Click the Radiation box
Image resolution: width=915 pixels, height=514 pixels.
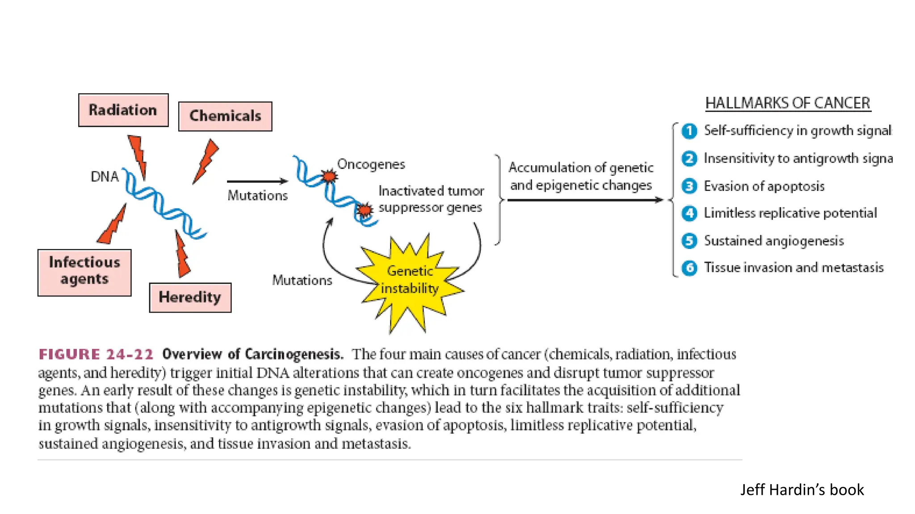(123, 110)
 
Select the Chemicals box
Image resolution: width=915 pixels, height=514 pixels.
(225, 116)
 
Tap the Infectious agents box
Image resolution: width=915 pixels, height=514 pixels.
(84, 272)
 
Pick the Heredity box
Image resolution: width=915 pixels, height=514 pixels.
(190, 297)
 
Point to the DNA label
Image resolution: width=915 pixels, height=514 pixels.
(105, 177)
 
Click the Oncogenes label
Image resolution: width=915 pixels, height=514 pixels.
(371, 164)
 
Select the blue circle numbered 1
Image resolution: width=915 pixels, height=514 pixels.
(689, 131)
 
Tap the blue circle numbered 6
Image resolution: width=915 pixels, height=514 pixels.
(689, 268)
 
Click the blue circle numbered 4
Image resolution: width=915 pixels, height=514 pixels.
(689, 213)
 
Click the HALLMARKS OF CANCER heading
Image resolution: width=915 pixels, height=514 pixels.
(788, 103)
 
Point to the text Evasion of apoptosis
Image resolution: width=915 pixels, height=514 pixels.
(764, 186)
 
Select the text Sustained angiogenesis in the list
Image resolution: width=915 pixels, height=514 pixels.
(774, 241)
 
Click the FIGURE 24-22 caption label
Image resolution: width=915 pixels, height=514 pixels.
(96, 354)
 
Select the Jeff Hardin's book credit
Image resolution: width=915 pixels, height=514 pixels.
(802, 490)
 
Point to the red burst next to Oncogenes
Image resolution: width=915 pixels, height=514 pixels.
(329, 176)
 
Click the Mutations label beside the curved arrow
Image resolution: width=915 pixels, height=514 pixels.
(302, 280)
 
